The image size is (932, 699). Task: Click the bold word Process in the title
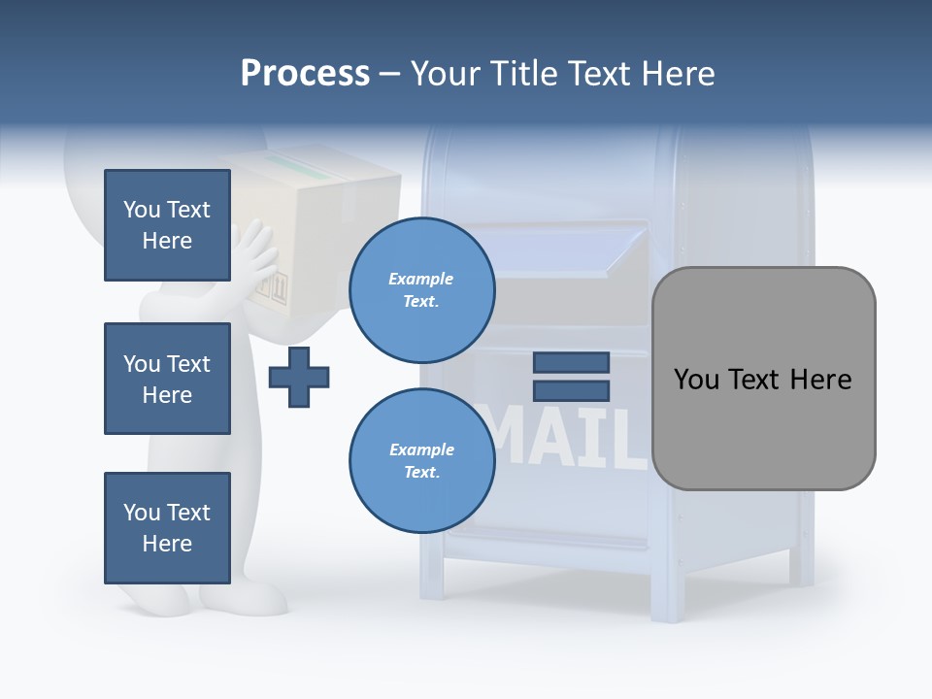coord(305,74)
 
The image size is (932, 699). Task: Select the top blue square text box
coord(167,225)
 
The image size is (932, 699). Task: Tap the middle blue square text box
coord(167,379)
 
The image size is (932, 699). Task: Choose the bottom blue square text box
coord(167,528)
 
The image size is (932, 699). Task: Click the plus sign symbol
coord(299,376)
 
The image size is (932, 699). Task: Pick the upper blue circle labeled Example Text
coord(421,289)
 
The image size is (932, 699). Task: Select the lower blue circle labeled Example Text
coord(421,460)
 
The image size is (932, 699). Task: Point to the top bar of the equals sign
coord(572,363)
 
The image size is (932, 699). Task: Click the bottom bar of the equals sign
coord(572,390)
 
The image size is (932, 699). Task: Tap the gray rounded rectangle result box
coord(763,378)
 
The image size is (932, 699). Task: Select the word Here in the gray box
coord(820,379)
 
